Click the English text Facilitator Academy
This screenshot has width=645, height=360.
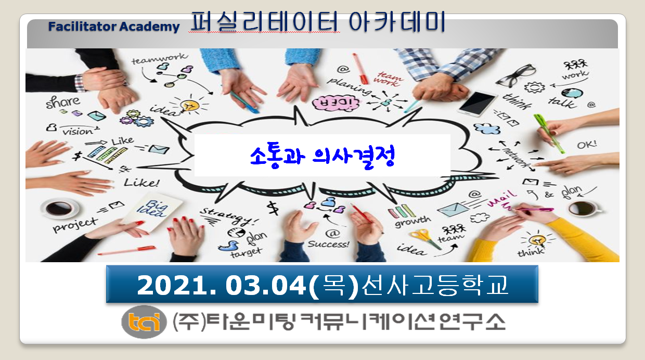[x=114, y=27]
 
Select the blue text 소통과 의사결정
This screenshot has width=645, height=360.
[x=322, y=156]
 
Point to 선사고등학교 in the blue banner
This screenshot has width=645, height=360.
[x=434, y=285]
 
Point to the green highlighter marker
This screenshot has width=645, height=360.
[x=549, y=133]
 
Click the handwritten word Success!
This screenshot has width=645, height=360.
[x=328, y=243]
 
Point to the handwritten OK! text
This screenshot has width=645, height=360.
[x=586, y=144]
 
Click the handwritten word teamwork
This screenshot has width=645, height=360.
[x=159, y=59]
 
